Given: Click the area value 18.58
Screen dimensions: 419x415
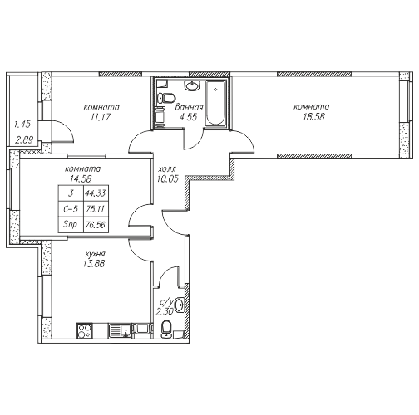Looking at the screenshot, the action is point(313,117).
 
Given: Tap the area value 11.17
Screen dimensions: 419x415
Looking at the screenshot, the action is point(101,117).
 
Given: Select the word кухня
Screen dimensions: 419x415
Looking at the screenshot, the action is point(95,254).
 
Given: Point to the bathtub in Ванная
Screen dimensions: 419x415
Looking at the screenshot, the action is point(215,103).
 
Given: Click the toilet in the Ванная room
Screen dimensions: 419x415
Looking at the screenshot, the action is point(166,98).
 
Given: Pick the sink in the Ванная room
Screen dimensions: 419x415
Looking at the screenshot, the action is point(192,85).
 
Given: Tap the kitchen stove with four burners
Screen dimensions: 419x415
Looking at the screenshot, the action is point(84,330).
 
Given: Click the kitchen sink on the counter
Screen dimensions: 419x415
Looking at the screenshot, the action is point(121,330).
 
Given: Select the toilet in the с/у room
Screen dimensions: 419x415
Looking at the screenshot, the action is point(166,330).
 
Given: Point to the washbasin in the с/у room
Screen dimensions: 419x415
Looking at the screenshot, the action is point(180,305).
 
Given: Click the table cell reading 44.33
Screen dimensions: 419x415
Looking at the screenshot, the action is point(96,193).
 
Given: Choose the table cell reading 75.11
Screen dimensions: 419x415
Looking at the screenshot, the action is point(96,209).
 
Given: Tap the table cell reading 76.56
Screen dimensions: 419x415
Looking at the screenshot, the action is point(96,225).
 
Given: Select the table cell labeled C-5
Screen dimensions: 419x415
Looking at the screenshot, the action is point(71,209).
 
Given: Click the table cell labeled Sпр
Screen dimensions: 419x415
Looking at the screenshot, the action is point(71,225).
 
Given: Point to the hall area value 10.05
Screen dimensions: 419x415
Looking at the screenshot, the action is point(168,179).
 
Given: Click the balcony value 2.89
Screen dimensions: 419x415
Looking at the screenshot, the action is point(24,140).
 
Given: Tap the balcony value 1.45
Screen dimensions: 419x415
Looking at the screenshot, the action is point(22,124).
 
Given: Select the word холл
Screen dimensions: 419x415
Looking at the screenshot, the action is point(166,168).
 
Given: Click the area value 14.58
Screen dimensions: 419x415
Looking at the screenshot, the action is point(81,179).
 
